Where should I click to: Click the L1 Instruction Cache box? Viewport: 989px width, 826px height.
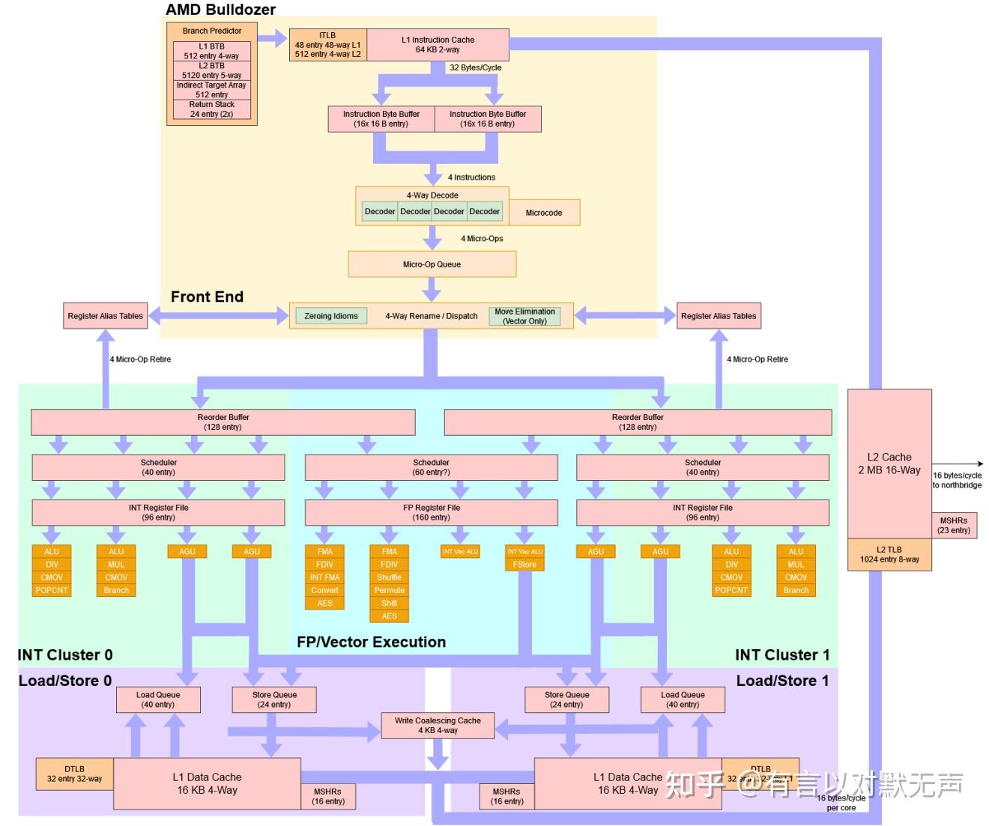pyautogui.click(x=438, y=45)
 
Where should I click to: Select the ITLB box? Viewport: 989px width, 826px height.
pyautogui.click(x=327, y=45)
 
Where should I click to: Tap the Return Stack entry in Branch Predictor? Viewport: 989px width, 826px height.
pyautogui.click(x=211, y=109)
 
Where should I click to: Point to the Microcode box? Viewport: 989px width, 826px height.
pyautogui.click(x=543, y=213)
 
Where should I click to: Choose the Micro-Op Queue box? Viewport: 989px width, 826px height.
pyautogui.click(x=432, y=264)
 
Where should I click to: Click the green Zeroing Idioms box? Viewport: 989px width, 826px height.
pyautogui.click(x=331, y=316)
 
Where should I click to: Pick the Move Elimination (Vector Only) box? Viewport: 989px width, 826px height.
pyautogui.click(x=524, y=316)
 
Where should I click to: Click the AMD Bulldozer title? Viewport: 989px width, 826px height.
pyautogui.click(x=220, y=10)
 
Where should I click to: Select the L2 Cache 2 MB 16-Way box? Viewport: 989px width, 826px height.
pyautogui.click(x=889, y=464)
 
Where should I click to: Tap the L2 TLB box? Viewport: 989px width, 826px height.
pyautogui.click(x=889, y=554)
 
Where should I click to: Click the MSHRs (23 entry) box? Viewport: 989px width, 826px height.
pyautogui.click(x=953, y=525)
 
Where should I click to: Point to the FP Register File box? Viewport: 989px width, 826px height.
pyautogui.click(x=432, y=512)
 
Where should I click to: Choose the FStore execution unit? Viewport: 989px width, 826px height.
pyautogui.click(x=524, y=565)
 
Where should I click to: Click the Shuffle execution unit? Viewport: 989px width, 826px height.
pyautogui.click(x=389, y=577)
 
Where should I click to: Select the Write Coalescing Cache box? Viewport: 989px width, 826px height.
pyautogui.click(x=438, y=725)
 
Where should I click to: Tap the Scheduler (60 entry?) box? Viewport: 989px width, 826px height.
pyautogui.click(x=432, y=467)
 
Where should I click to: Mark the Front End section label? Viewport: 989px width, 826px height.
pyautogui.click(x=207, y=297)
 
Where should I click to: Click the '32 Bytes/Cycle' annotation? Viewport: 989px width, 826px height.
pyautogui.click(x=475, y=67)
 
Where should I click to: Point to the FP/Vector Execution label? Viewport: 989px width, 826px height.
pyautogui.click(x=371, y=642)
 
